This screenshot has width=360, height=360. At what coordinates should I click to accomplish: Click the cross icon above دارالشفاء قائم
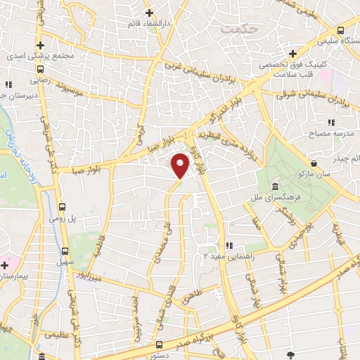coord(149,13)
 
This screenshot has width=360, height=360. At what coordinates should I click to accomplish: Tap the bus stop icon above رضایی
coord(41,70)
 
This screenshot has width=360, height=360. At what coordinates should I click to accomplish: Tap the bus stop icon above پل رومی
coord(63,207)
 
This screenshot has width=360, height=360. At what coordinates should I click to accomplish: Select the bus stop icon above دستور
coord(159,345)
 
